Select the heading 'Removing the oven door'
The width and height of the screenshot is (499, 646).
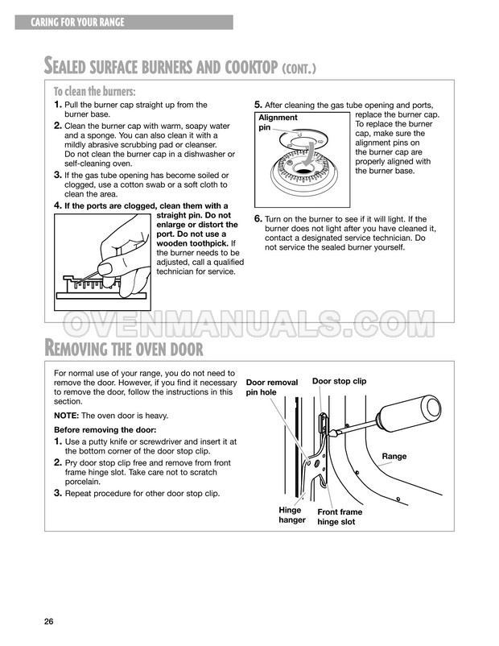click(x=122, y=348)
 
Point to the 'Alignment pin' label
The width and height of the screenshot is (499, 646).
click(x=277, y=122)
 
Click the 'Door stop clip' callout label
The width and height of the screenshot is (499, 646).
click(x=339, y=381)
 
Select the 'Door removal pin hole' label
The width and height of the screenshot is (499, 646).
click(x=271, y=387)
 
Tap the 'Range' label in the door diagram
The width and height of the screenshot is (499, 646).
click(x=394, y=457)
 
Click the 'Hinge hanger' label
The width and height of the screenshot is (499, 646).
click(x=291, y=515)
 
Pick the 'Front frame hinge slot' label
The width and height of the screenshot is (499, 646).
click(x=340, y=517)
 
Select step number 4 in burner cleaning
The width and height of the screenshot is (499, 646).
click(x=57, y=205)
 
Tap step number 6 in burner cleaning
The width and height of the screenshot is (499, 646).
click(x=258, y=219)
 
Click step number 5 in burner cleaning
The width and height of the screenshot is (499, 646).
click(x=258, y=105)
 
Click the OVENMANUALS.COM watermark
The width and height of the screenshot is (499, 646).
click(x=249, y=324)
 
